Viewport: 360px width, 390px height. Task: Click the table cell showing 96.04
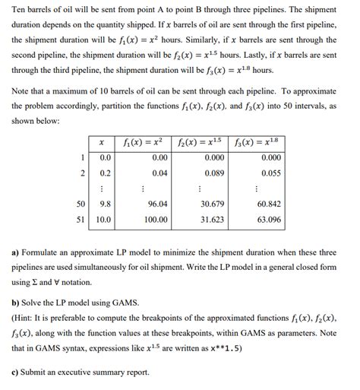coord(157,204)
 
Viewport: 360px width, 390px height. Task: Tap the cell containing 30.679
coord(212,204)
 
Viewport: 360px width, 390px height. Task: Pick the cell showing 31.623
coord(212,219)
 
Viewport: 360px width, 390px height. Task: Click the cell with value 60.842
coord(269,204)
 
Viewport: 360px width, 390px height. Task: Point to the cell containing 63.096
coord(269,219)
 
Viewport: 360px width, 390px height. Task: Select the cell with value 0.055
coord(270,173)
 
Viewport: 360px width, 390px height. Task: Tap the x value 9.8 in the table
coord(106,204)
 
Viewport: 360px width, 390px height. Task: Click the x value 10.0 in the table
coord(104,219)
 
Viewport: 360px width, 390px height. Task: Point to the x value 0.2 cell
coord(106,173)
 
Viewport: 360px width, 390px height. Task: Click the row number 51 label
coord(81,219)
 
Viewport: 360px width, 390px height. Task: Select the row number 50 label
coord(81,204)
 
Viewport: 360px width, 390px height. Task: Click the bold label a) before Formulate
coord(16,251)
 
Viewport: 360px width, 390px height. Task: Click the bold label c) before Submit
coord(16,372)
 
